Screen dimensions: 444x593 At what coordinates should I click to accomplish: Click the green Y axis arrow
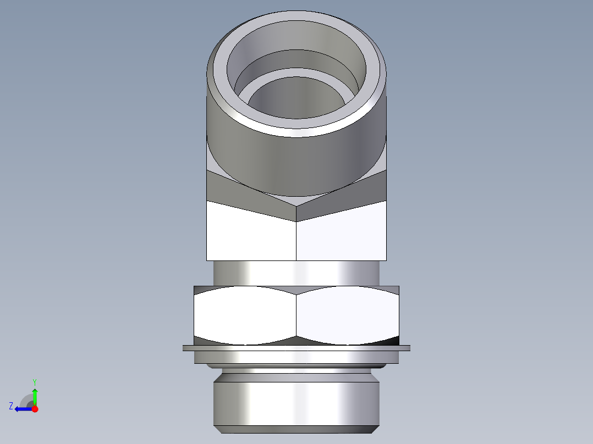(x=35, y=396)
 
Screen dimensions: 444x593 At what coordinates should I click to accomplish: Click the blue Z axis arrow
(x=21, y=409)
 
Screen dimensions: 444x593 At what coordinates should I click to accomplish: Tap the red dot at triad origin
(x=35, y=409)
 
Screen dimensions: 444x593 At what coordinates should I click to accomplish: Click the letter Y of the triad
(x=34, y=381)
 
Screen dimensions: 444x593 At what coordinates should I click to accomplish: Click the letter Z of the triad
(x=11, y=406)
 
